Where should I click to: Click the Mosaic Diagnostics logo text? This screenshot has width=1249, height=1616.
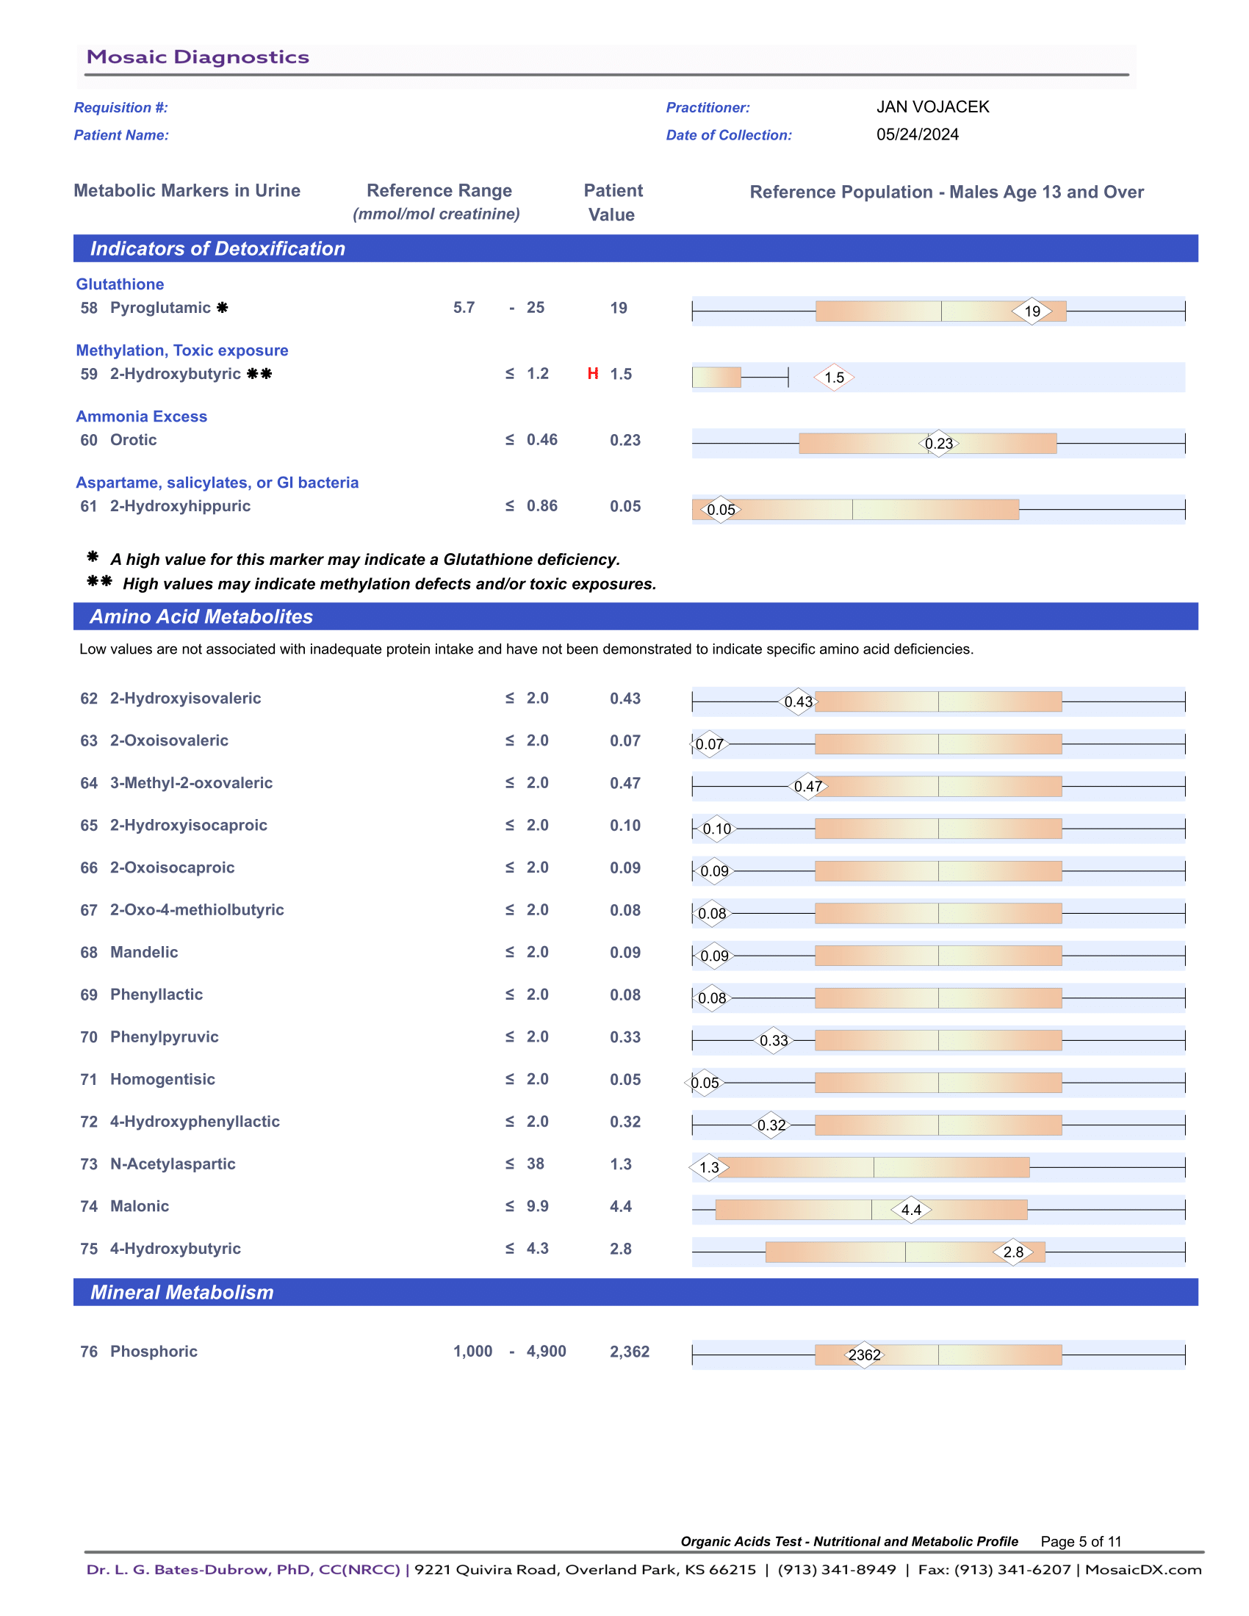pyautogui.click(x=198, y=57)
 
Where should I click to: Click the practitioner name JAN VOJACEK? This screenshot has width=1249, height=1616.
pyautogui.click(x=932, y=107)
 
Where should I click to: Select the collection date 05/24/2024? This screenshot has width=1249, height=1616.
pyautogui.click(x=917, y=134)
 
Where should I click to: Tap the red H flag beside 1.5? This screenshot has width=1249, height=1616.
pyautogui.click(x=593, y=374)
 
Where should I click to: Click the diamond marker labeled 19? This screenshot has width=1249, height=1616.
pyautogui.click(x=1032, y=311)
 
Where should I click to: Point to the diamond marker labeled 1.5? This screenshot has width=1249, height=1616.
pyautogui.click(x=834, y=378)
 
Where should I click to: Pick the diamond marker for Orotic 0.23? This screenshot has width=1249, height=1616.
pyautogui.click(x=938, y=443)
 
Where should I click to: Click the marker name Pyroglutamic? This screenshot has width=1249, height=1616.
pyautogui.click(x=160, y=308)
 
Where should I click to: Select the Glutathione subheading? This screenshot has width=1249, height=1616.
pyautogui.click(x=120, y=284)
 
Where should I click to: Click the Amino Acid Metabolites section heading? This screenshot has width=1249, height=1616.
pyautogui.click(x=201, y=616)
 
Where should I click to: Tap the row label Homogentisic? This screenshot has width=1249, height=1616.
pyautogui.click(x=162, y=1079)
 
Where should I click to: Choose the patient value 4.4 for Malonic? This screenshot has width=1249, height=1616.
pyautogui.click(x=620, y=1206)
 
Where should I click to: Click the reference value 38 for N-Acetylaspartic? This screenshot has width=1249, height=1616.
pyautogui.click(x=535, y=1164)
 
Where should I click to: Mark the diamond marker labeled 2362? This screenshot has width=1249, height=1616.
pyautogui.click(x=864, y=1355)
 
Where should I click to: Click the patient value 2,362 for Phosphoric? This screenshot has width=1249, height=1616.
pyautogui.click(x=629, y=1352)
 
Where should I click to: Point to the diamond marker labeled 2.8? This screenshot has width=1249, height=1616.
pyautogui.click(x=1013, y=1252)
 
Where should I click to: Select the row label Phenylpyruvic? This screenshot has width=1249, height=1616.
pyautogui.click(x=165, y=1036)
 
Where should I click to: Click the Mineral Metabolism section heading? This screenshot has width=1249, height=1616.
pyautogui.click(x=182, y=1292)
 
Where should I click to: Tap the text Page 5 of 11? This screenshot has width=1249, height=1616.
pyautogui.click(x=1080, y=1541)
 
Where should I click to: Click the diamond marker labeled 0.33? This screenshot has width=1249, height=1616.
pyautogui.click(x=773, y=1040)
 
